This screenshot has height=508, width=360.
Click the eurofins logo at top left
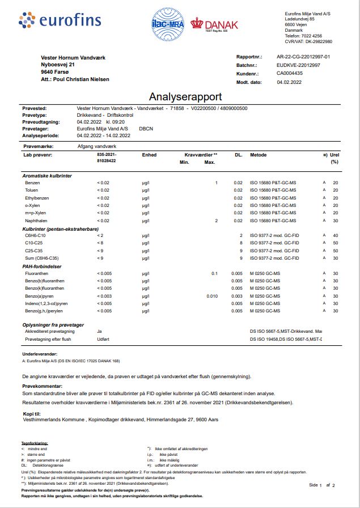coord(60,21)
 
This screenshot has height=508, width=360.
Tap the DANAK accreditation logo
coord(214,25)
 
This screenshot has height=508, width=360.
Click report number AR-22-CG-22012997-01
coord(303,57)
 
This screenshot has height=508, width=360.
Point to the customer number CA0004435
coord(289,74)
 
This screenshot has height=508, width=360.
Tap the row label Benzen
coord(33,183)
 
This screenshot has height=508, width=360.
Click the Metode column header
coord(258,154)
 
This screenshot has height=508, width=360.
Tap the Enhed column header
coord(149,154)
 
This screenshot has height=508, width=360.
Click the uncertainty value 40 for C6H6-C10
coord(336,235)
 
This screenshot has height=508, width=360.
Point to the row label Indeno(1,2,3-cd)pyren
coord(50,303)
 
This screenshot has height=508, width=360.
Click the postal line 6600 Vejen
coord(296,25)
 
